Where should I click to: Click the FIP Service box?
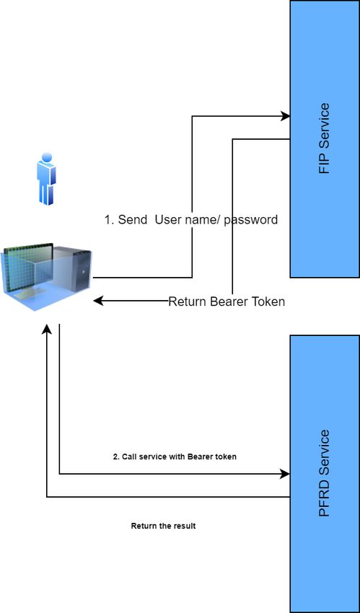325,138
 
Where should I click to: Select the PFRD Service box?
325,474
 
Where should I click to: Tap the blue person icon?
46,179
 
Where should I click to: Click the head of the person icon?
46,157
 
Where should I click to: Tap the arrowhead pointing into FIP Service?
285,115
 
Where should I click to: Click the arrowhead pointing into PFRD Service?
285,474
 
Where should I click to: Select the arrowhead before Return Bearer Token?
98,301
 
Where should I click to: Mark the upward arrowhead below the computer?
47,329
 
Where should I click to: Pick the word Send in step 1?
133,220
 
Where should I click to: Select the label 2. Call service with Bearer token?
175,457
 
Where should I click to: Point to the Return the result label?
163,526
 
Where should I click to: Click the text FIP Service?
325,138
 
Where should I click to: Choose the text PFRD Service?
325,473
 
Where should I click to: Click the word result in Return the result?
185,526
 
